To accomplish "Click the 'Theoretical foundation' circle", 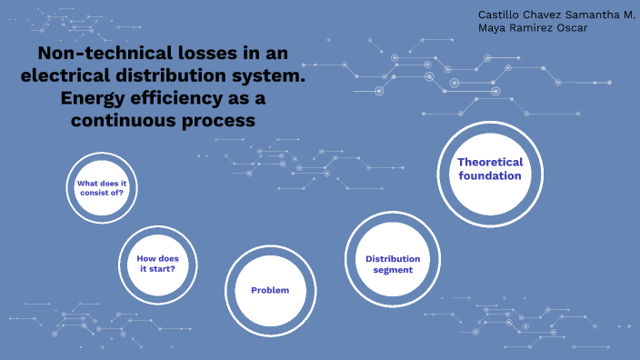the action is (490, 169).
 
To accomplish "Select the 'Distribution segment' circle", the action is (393, 264).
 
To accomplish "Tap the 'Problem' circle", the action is (270, 290).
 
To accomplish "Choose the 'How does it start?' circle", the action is (156, 264).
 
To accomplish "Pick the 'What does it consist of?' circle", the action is (102, 188).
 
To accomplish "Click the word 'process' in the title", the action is (216, 120).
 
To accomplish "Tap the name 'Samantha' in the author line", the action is (590, 15).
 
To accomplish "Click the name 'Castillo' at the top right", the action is (498, 15).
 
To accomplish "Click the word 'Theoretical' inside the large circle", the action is (490, 162).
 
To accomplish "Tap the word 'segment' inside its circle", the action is (393, 270).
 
